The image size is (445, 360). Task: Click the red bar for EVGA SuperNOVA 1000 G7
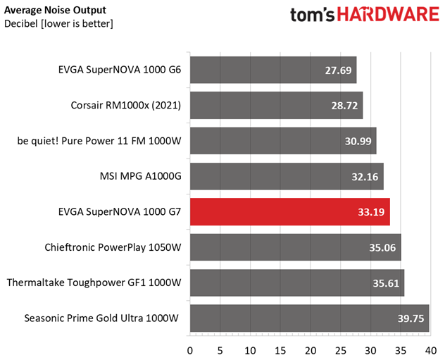point(289,211)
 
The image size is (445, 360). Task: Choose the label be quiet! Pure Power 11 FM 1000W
point(99,141)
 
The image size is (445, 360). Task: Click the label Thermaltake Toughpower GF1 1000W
point(94,283)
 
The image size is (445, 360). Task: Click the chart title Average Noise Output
point(55,9)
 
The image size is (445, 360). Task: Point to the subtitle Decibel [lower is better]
point(58,23)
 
